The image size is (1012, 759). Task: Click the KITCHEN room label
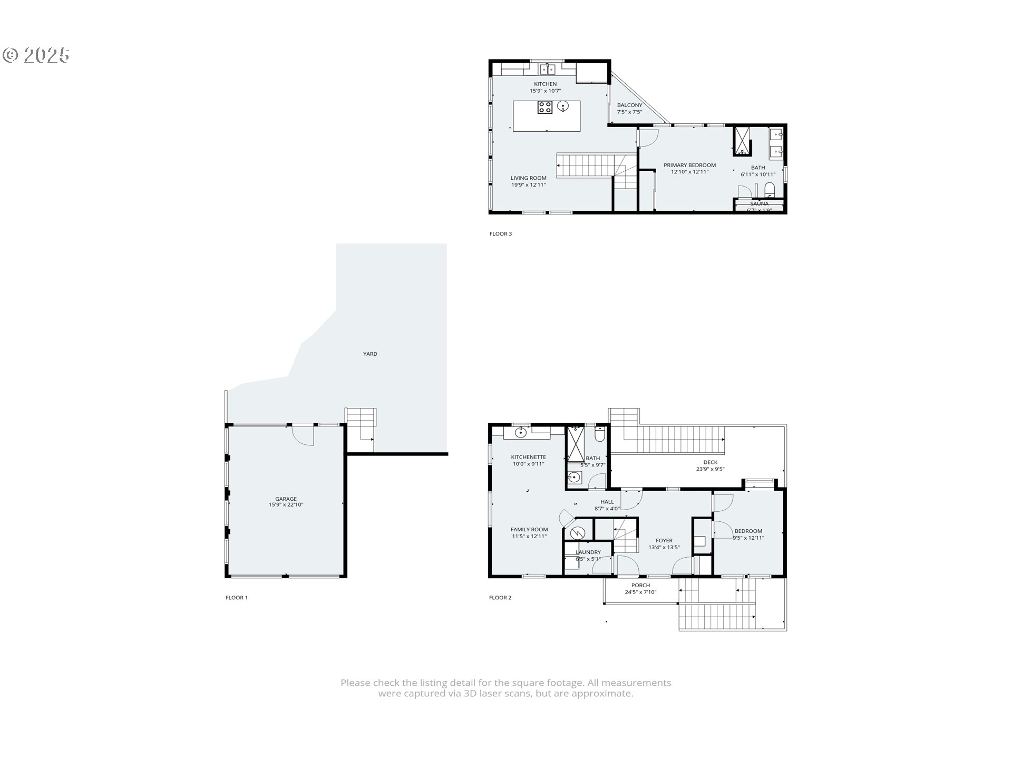[x=545, y=84]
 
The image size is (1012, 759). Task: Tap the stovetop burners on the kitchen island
[x=544, y=108]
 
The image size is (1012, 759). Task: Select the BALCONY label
[x=629, y=105]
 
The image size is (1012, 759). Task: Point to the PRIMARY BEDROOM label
[x=689, y=166]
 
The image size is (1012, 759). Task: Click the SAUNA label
[x=759, y=203]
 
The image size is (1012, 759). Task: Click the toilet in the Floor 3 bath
[x=769, y=189]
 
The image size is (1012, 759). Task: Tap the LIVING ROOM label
[x=528, y=178]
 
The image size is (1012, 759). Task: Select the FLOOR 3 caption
[x=500, y=234]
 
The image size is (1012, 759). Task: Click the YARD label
[x=370, y=354]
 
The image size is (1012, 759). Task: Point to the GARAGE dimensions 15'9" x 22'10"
[x=286, y=505]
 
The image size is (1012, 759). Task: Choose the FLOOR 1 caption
[x=236, y=598]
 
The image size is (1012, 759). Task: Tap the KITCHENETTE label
[x=528, y=458]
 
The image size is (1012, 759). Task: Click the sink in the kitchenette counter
[x=521, y=433]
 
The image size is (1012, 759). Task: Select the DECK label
[x=710, y=462]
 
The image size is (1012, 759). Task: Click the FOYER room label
[x=664, y=541]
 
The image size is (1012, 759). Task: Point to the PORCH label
[x=640, y=586]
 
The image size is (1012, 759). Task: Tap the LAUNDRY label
[x=588, y=552]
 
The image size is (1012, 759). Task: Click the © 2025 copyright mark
[x=36, y=55]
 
